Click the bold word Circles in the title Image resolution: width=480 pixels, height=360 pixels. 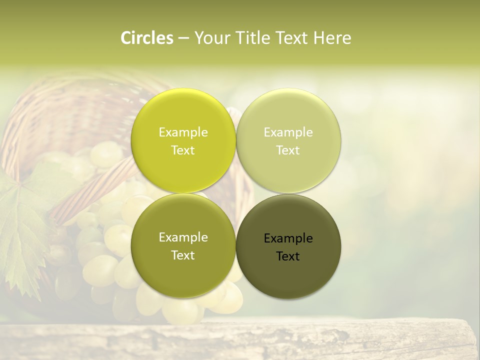pos(147,38)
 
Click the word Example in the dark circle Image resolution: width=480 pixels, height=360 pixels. pos(288,238)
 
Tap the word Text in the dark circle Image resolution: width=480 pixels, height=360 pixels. pos(288,256)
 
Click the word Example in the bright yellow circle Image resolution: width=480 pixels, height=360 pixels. pos(183,132)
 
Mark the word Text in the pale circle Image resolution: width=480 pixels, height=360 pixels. pos(288,150)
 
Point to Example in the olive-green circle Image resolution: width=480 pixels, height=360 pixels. pos(183,237)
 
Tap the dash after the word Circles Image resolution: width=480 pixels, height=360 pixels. pos(183,38)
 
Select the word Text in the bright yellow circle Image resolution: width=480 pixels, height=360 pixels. pos(183,150)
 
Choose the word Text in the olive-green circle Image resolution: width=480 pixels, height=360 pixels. pos(183,255)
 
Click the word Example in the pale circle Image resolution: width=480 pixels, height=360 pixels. pos(288,132)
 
